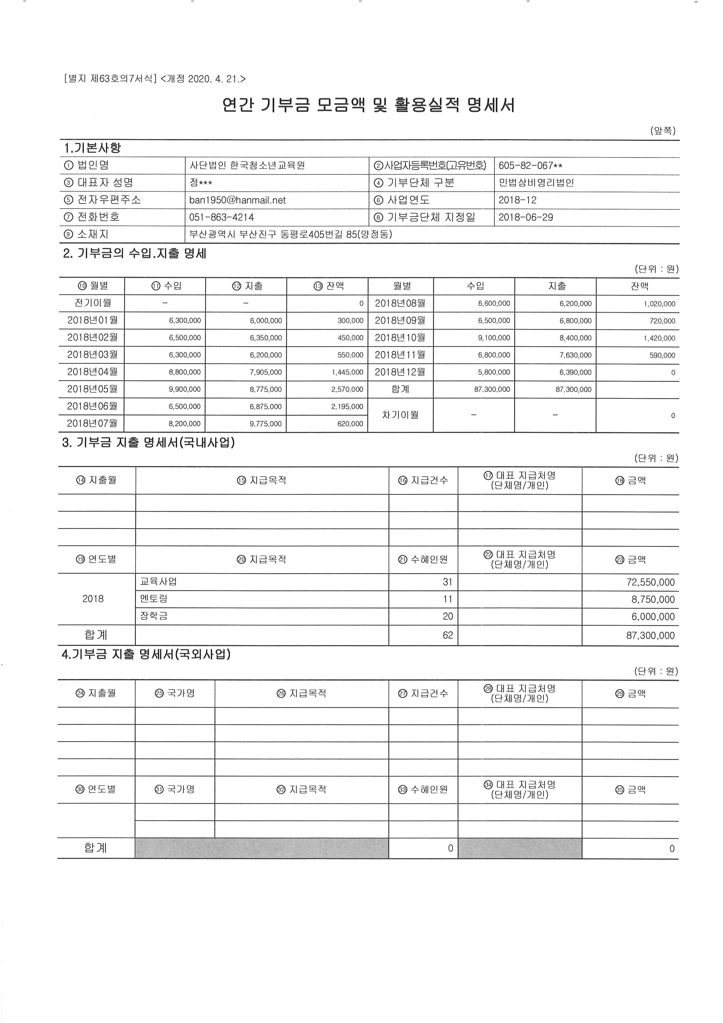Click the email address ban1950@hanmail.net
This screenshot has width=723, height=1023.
[237, 200]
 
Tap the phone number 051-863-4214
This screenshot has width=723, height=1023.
[221, 217]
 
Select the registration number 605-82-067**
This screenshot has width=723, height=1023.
[530, 166]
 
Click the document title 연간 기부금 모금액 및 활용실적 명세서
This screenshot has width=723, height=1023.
[368, 106]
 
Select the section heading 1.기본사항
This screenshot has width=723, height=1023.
[92, 148]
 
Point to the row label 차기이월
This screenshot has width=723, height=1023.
[400, 415]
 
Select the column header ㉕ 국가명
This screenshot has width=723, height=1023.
[175, 693]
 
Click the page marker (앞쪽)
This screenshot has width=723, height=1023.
[662, 131]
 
